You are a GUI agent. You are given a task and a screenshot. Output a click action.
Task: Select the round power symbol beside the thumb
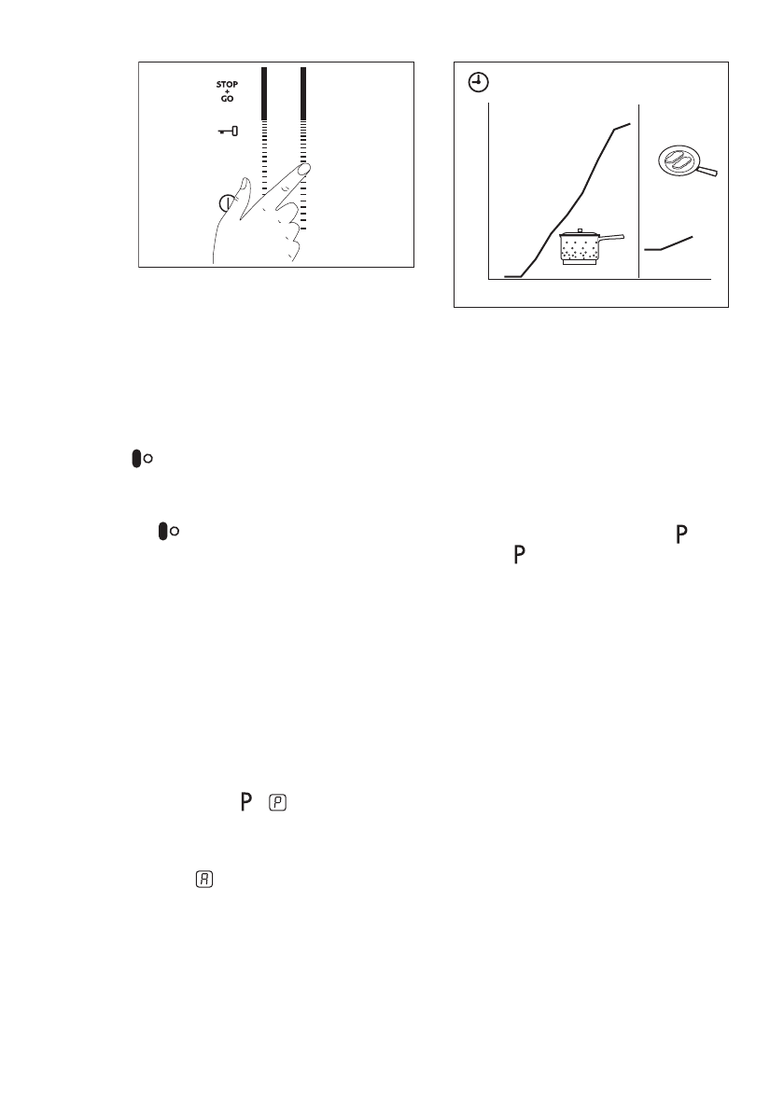click(225, 202)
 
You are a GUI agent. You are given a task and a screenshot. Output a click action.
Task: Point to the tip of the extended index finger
click(305, 170)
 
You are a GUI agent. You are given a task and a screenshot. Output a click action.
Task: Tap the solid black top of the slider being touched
click(304, 92)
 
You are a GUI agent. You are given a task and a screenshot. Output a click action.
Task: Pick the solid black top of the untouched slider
click(264, 92)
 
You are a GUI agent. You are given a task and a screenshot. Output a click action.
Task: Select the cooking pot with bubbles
click(579, 249)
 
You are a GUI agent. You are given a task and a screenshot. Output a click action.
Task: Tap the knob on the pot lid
click(580, 229)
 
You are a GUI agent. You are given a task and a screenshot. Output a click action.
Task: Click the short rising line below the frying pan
click(668, 243)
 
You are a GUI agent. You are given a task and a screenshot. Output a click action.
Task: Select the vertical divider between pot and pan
click(637, 191)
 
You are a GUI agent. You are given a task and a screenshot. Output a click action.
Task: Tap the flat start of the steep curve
click(511, 276)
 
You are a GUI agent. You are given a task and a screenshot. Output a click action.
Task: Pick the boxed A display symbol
click(203, 878)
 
